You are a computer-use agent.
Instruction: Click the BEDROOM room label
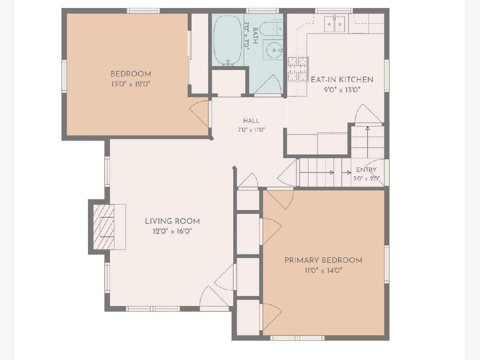coord(131,74)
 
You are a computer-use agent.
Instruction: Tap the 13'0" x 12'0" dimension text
coord(131,84)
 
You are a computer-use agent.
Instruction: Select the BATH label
coord(255,36)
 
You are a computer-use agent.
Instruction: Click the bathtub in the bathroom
coord(228,40)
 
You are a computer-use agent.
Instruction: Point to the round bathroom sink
coord(274,50)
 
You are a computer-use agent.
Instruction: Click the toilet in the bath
coord(271,28)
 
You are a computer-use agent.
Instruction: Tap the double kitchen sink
coord(334,24)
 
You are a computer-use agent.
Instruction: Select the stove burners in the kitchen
coord(298,69)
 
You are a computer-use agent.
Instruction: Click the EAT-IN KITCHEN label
coord(342,80)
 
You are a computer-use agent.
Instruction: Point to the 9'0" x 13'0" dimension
coord(342,90)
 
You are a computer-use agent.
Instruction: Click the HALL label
coord(251,121)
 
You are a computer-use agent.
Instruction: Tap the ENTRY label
coord(366,170)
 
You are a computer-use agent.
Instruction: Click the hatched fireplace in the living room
coord(104,227)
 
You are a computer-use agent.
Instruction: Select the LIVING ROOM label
coord(172,221)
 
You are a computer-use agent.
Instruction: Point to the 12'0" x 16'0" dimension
coord(172,231)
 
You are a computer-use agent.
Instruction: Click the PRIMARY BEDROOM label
coord(323,260)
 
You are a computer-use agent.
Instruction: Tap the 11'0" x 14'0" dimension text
coord(323,271)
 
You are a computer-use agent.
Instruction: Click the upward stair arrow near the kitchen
coord(368,142)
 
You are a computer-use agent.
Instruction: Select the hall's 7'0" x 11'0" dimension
coord(251,130)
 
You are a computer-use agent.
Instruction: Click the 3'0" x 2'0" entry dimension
coord(366,178)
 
